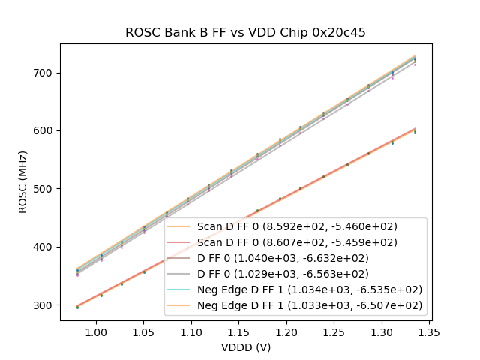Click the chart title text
(245, 32)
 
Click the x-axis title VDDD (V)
(245, 347)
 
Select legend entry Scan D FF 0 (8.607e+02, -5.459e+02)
(297, 242)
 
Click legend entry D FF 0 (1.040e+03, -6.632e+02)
(297, 258)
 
